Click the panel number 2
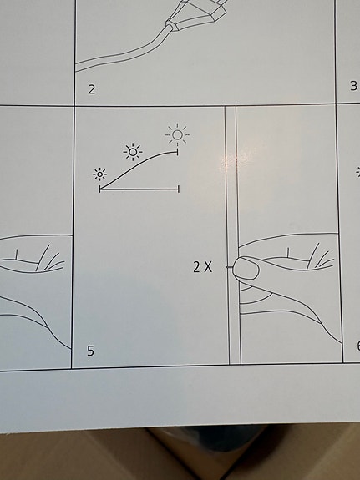(x=92, y=89)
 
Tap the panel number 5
(x=90, y=351)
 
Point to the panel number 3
(x=353, y=86)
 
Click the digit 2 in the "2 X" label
(x=196, y=267)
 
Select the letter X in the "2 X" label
(x=208, y=267)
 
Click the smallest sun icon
(x=100, y=174)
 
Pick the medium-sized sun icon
(x=133, y=152)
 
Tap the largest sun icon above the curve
(x=177, y=134)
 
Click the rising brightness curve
(x=139, y=164)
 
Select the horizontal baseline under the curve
(x=139, y=189)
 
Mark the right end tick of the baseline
(x=178, y=189)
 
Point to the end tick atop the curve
(x=177, y=152)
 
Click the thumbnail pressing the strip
(x=246, y=269)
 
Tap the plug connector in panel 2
(x=196, y=14)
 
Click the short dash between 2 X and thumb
(x=229, y=267)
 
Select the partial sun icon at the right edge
(x=357, y=173)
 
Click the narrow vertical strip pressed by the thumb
(x=233, y=235)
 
